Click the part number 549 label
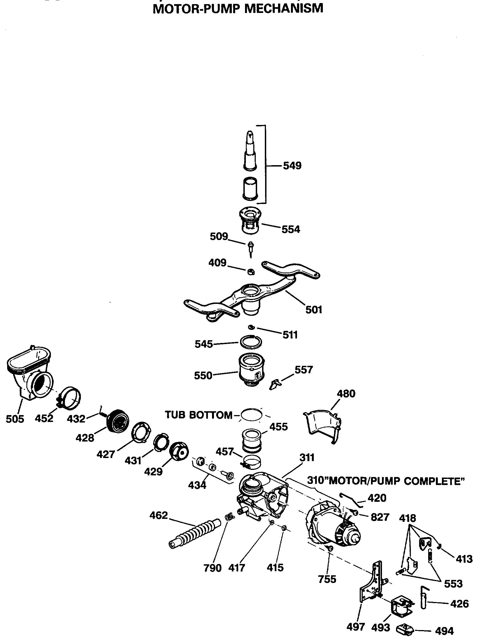tap(292, 166)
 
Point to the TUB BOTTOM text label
tap(199, 415)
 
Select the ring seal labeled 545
tap(251, 342)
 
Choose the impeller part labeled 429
tap(179, 451)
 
